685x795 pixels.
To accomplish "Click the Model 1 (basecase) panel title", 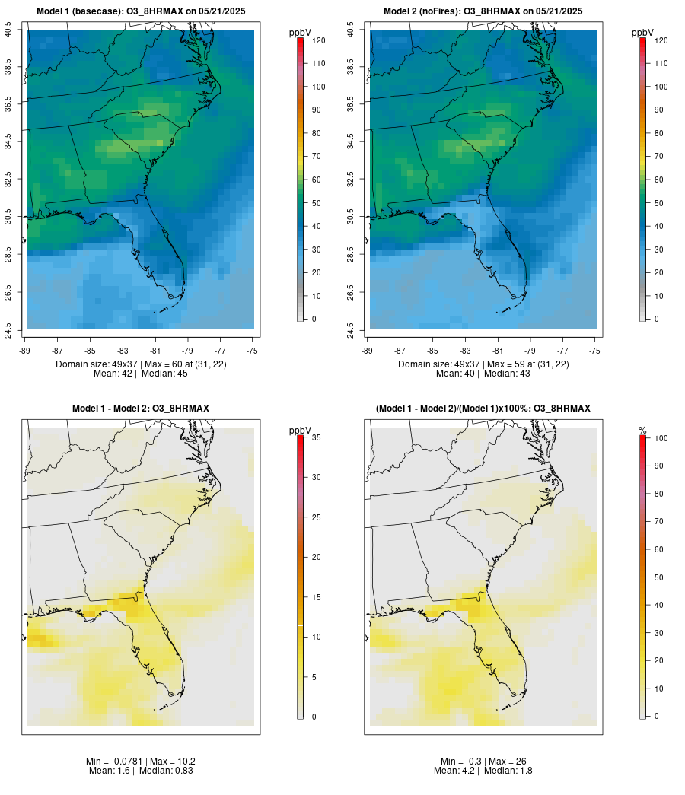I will point(140,11).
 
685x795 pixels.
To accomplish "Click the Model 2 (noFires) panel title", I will point(483,11).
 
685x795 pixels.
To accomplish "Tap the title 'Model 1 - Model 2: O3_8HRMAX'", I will point(141,409).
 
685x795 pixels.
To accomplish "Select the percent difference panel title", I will point(483,409).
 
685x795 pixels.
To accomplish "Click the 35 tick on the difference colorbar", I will point(316,438).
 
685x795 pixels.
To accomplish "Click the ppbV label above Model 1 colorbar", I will point(301,33).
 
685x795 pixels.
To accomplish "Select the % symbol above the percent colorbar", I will point(642,431).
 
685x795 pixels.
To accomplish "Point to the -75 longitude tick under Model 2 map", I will point(595,351).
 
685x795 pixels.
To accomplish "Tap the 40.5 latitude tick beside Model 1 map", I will point(8,30).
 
